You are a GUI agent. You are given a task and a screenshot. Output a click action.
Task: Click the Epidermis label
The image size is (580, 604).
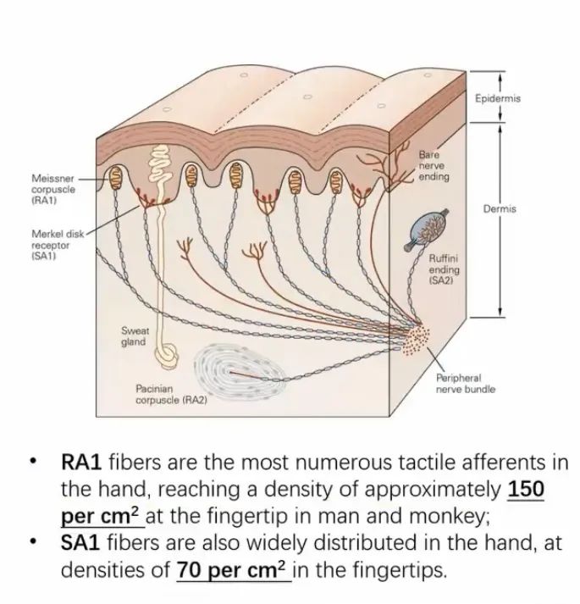498,98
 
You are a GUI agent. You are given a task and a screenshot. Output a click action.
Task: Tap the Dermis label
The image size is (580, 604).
500,208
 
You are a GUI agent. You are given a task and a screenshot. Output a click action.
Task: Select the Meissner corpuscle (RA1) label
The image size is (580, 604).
53,190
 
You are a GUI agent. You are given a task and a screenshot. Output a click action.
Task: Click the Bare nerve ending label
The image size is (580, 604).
434,166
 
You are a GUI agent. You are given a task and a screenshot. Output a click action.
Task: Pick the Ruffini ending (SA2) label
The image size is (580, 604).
444,269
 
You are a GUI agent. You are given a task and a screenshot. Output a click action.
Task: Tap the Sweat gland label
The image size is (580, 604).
135,336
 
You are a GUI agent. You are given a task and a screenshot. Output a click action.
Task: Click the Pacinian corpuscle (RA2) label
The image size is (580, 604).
171,394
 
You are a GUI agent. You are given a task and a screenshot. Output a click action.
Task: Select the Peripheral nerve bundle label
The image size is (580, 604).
465,383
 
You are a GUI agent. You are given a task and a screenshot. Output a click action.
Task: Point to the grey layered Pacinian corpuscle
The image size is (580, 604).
240,371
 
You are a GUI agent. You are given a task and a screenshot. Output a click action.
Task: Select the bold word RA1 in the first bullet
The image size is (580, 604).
81,463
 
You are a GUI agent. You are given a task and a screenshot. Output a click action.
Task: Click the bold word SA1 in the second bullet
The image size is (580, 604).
80,543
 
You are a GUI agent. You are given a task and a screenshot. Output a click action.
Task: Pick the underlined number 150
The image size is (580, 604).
526,489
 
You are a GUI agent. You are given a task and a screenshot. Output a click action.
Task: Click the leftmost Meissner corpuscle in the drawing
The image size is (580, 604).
115,178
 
